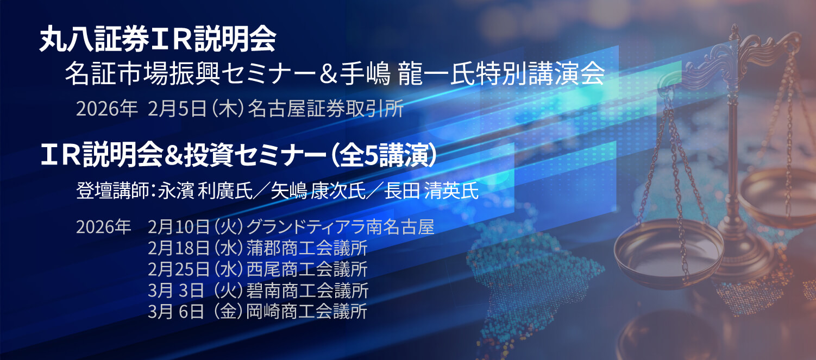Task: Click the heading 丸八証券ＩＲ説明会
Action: [158, 41]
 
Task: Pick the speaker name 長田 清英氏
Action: [431, 192]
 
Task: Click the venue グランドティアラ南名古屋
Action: [340, 226]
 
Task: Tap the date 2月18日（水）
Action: [196, 248]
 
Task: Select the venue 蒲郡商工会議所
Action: [307, 248]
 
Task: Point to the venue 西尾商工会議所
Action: [307, 269]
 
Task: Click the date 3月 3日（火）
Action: [196, 290]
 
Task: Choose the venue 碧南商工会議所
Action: [307, 290]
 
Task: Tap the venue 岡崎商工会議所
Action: [307, 312]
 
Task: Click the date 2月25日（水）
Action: [196, 269]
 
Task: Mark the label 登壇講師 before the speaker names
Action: [114, 192]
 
